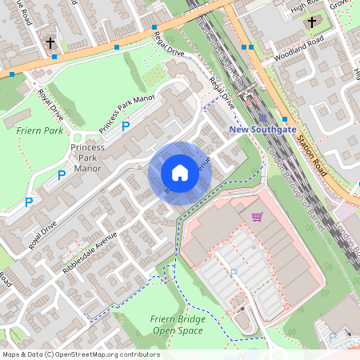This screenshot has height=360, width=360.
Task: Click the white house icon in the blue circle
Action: pyautogui.click(x=179, y=172)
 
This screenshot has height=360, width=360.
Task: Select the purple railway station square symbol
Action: pyautogui.click(x=262, y=115)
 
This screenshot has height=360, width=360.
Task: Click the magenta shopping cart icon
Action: pyautogui.click(x=257, y=216)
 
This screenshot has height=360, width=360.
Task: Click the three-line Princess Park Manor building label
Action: pyautogui.click(x=87, y=158)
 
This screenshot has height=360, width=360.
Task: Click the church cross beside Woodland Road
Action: pyautogui.click(x=311, y=22)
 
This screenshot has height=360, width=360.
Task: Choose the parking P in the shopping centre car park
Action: pyautogui.click(x=234, y=273)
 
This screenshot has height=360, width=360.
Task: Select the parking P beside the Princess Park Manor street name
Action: pyautogui.click(x=125, y=126)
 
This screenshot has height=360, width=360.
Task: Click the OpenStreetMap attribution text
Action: pyautogui.click(x=80, y=354)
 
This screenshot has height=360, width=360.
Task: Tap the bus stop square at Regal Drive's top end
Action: pyautogui.click(x=154, y=27)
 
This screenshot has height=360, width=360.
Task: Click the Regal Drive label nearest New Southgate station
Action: pyautogui.click(x=222, y=94)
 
